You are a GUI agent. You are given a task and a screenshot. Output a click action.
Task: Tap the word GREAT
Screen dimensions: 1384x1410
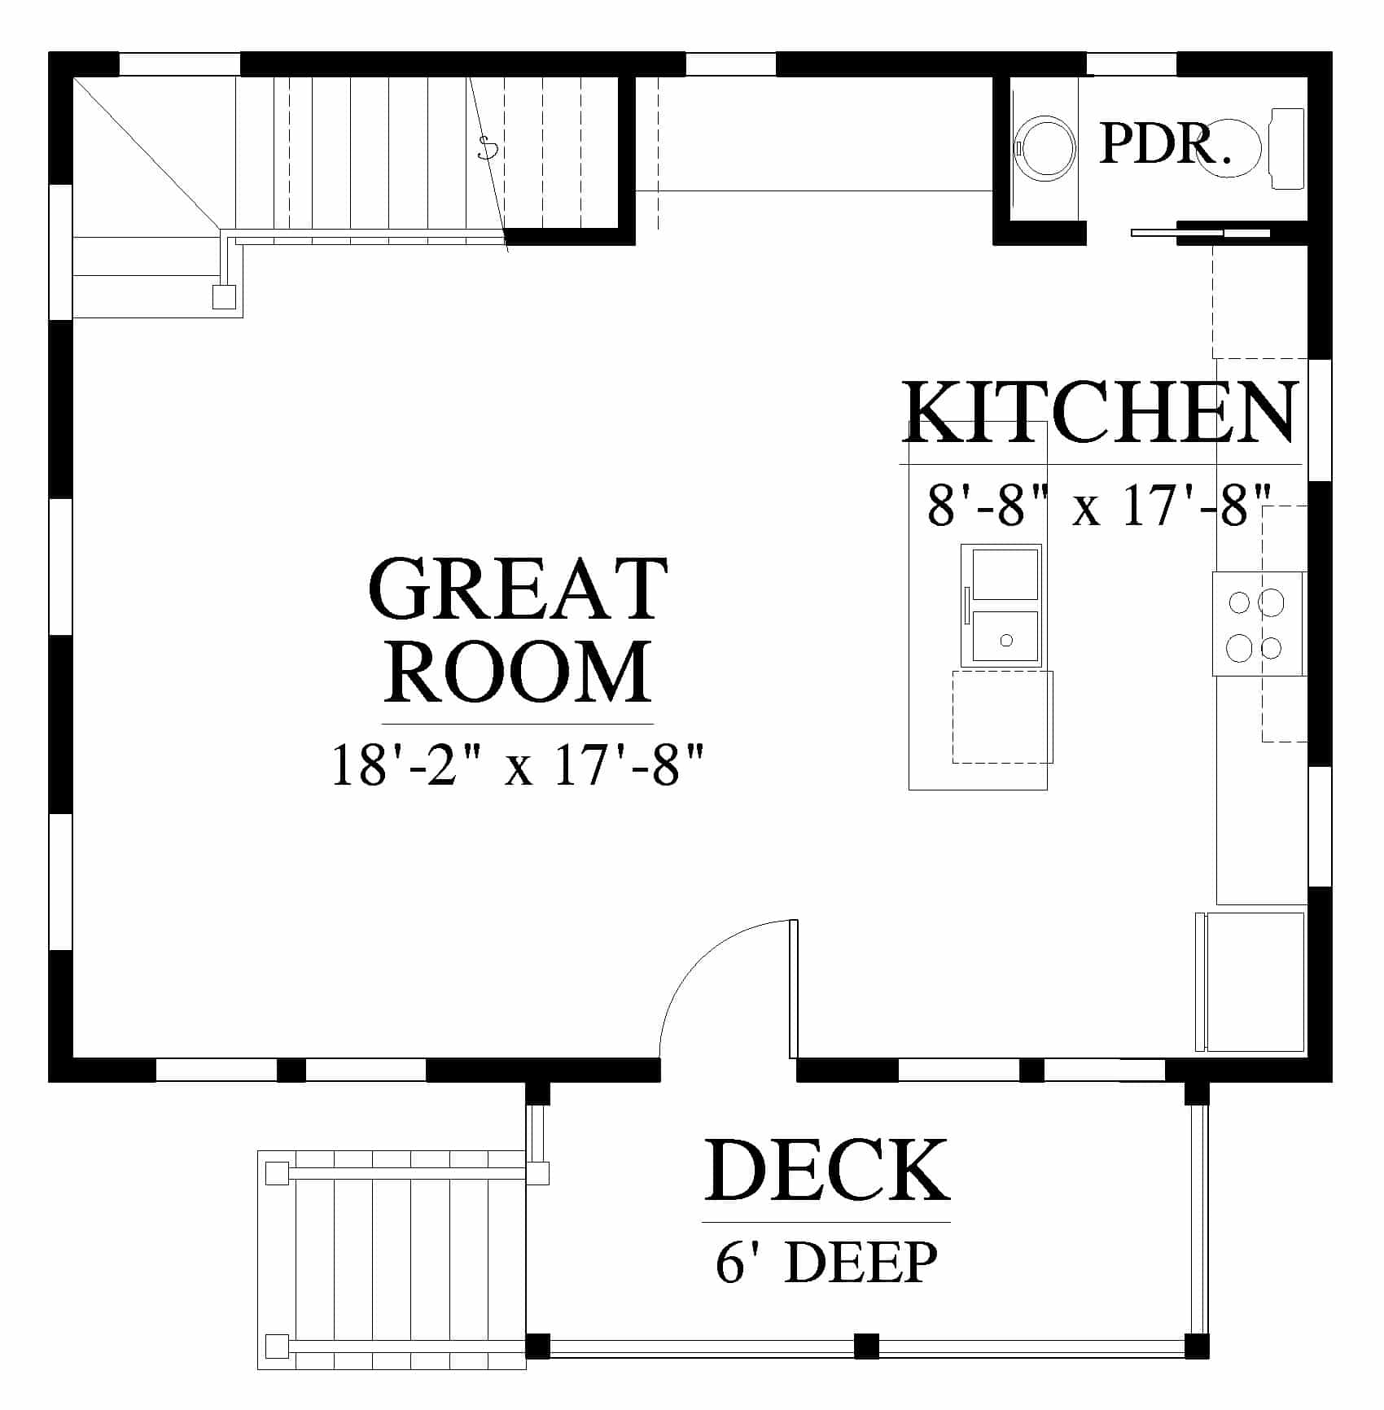[519, 588]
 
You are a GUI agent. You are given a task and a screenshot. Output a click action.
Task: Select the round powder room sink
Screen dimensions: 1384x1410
[1046, 148]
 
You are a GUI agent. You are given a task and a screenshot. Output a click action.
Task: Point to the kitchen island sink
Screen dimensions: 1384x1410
[1002, 606]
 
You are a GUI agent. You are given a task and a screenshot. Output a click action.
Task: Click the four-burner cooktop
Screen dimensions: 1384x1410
[1258, 624]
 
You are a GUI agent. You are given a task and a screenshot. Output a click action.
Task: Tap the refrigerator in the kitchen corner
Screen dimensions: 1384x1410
[1250, 982]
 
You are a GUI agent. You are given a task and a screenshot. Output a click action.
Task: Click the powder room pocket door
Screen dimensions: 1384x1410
[1201, 233]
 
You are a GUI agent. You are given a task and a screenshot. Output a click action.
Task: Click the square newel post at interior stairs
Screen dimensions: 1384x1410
[224, 297]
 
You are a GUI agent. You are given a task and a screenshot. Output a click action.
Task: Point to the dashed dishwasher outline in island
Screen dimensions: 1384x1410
[1002, 716]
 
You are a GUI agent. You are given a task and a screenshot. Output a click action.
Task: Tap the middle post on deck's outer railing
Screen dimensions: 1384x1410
[867, 1345]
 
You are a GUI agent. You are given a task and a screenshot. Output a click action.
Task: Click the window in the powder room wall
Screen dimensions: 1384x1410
[1132, 63]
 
